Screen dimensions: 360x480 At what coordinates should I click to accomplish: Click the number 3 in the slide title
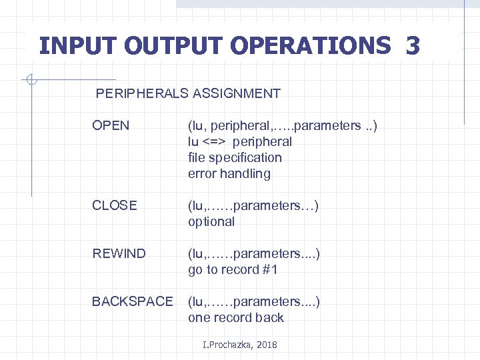(412, 46)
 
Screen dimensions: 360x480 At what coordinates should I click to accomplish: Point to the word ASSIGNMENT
(237, 94)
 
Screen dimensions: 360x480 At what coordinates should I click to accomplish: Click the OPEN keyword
(111, 126)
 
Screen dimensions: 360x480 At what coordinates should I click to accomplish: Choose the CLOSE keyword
(115, 206)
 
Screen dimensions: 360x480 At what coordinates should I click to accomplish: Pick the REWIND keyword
(119, 254)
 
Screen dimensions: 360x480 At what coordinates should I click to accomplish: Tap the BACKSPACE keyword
(132, 302)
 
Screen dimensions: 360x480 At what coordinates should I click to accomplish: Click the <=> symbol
(215, 142)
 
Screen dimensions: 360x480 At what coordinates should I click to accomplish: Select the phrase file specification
(235, 158)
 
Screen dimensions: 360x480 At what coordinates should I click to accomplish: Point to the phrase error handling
(229, 174)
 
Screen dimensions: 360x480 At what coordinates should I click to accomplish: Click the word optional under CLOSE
(211, 222)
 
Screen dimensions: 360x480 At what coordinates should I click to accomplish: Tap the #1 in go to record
(270, 270)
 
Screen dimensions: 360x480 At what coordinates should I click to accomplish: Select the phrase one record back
(236, 318)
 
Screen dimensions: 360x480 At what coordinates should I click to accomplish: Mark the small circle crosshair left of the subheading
(31, 81)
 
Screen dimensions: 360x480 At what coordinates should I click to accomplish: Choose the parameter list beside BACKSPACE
(254, 302)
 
